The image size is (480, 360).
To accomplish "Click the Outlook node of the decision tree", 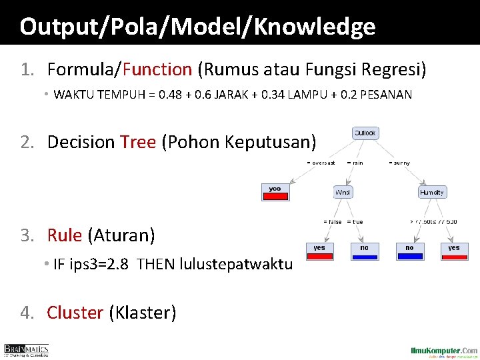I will (365, 133).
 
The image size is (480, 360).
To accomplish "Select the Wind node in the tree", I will (343, 193).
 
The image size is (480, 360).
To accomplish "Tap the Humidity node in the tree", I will (432, 193).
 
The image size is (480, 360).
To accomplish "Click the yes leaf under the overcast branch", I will (275, 191).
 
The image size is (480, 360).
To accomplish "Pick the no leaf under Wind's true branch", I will (364, 250).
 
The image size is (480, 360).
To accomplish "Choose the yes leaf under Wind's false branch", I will (319, 250).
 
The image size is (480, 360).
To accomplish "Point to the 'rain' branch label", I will (357, 163).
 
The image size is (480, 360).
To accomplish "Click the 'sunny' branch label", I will (401, 163).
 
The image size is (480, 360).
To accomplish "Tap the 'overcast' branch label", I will (322, 163).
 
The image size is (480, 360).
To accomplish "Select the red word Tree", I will (138, 142).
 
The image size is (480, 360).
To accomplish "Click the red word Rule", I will (64, 235).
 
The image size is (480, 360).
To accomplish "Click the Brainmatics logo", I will (27, 350).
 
